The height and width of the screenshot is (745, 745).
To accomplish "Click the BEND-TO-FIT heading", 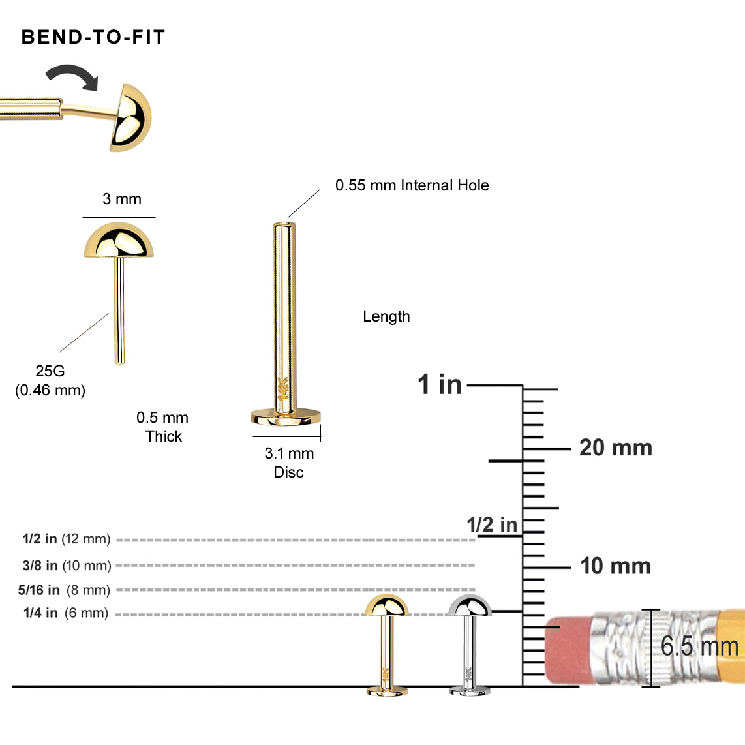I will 93,37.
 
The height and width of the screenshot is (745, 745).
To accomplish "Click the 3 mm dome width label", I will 122,200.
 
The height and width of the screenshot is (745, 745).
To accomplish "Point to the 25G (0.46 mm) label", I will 50,380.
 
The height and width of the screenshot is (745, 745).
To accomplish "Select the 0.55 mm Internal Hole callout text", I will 412,186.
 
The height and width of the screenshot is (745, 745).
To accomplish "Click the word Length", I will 386,317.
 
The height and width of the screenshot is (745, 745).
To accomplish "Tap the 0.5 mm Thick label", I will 162,427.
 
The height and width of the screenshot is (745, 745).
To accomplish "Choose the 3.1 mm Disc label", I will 289,463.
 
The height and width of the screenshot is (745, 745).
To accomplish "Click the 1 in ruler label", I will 439,385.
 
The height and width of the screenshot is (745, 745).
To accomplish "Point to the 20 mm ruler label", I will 615,448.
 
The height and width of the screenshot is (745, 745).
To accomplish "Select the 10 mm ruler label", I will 615,566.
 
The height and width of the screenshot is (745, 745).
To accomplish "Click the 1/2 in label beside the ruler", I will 491,525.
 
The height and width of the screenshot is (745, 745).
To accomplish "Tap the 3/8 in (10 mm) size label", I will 67,566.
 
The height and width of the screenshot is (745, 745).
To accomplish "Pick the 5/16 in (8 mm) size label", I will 64,590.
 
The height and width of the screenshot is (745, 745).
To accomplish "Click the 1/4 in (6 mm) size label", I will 66,613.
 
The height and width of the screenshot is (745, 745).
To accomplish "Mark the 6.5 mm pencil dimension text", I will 699,646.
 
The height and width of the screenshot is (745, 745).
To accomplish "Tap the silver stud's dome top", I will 470,605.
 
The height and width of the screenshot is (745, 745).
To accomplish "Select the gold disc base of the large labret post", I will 286,416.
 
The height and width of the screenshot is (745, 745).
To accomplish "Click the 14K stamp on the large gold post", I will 283,389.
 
